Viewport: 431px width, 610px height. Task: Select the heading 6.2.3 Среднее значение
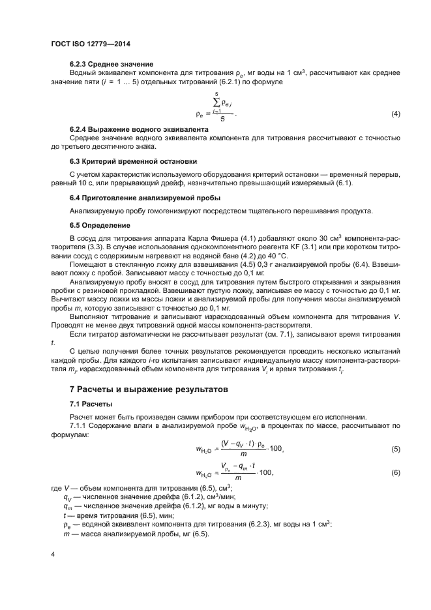pyautogui.click(x=111, y=64)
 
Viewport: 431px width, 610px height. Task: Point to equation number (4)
pyautogui.click(x=395, y=115)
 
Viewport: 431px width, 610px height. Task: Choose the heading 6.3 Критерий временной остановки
pyautogui.click(x=134, y=160)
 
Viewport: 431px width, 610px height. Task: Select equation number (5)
pyautogui.click(x=395, y=450)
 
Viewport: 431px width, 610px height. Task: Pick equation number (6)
pyautogui.click(x=395, y=473)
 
